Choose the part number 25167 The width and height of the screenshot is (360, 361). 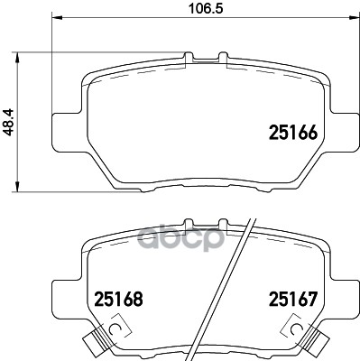291,297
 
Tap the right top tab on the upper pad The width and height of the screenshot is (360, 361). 222,58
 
